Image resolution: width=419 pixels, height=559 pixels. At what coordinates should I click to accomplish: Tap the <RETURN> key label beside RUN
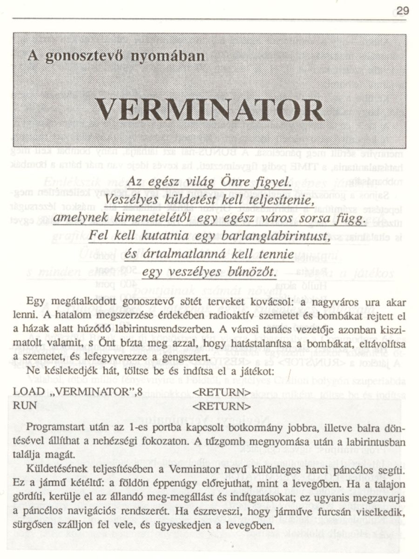click(222, 404)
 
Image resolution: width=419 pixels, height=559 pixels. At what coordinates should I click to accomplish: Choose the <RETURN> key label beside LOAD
click(222, 391)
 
